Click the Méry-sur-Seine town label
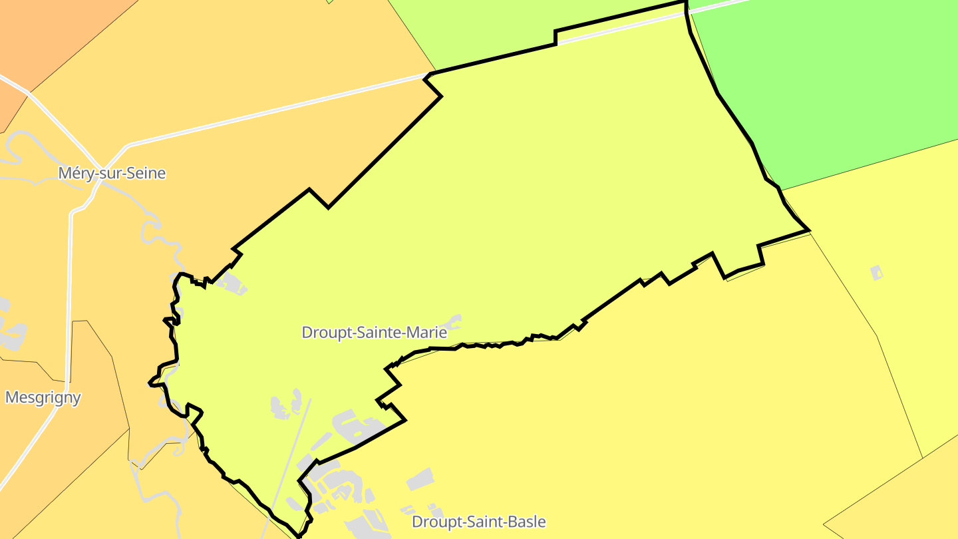point(112,174)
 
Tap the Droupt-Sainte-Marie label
point(374,332)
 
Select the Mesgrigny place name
point(43,398)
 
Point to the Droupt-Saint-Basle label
point(478,522)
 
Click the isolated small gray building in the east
point(877,272)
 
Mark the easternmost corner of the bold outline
point(809,230)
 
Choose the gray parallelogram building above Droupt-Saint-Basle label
point(420,479)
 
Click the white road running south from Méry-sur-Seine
point(69,299)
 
